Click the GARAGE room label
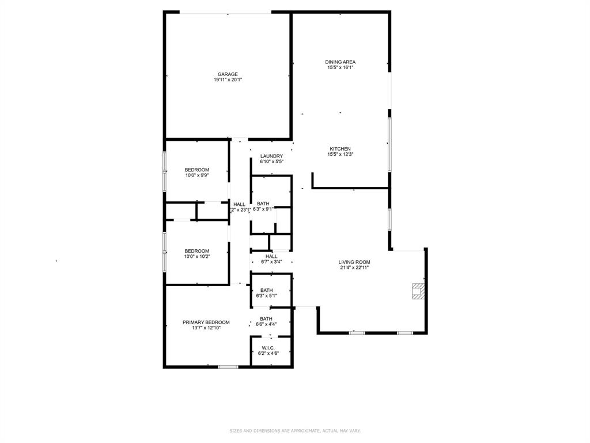[228, 74]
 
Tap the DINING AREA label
[340, 62]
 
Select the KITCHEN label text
[340, 149]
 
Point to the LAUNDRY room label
[271, 156]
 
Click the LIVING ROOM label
[354, 262]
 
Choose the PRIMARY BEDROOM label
[206, 322]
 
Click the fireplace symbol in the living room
[417, 291]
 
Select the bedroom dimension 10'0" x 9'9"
[197, 175]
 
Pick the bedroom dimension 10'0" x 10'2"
[197, 257]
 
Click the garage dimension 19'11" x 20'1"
[228, 80]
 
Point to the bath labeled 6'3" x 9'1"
[263, 209]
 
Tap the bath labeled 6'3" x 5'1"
[266, 296]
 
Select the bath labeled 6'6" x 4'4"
[266, 324]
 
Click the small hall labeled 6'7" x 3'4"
[271, 262]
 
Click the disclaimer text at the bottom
[295, 430]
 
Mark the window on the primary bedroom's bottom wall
[228, 366]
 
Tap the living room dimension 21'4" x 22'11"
[354, 268]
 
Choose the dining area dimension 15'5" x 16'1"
[340, 67]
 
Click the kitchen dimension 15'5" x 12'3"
[340, 155]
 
